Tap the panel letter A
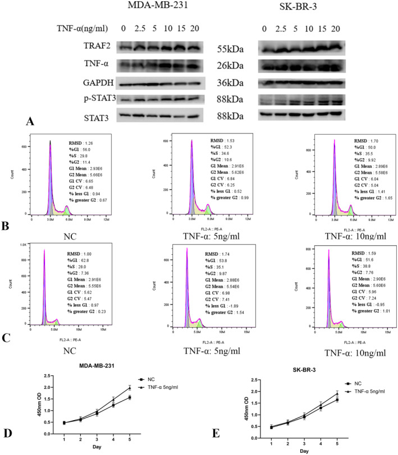click(x=31, y=120)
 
